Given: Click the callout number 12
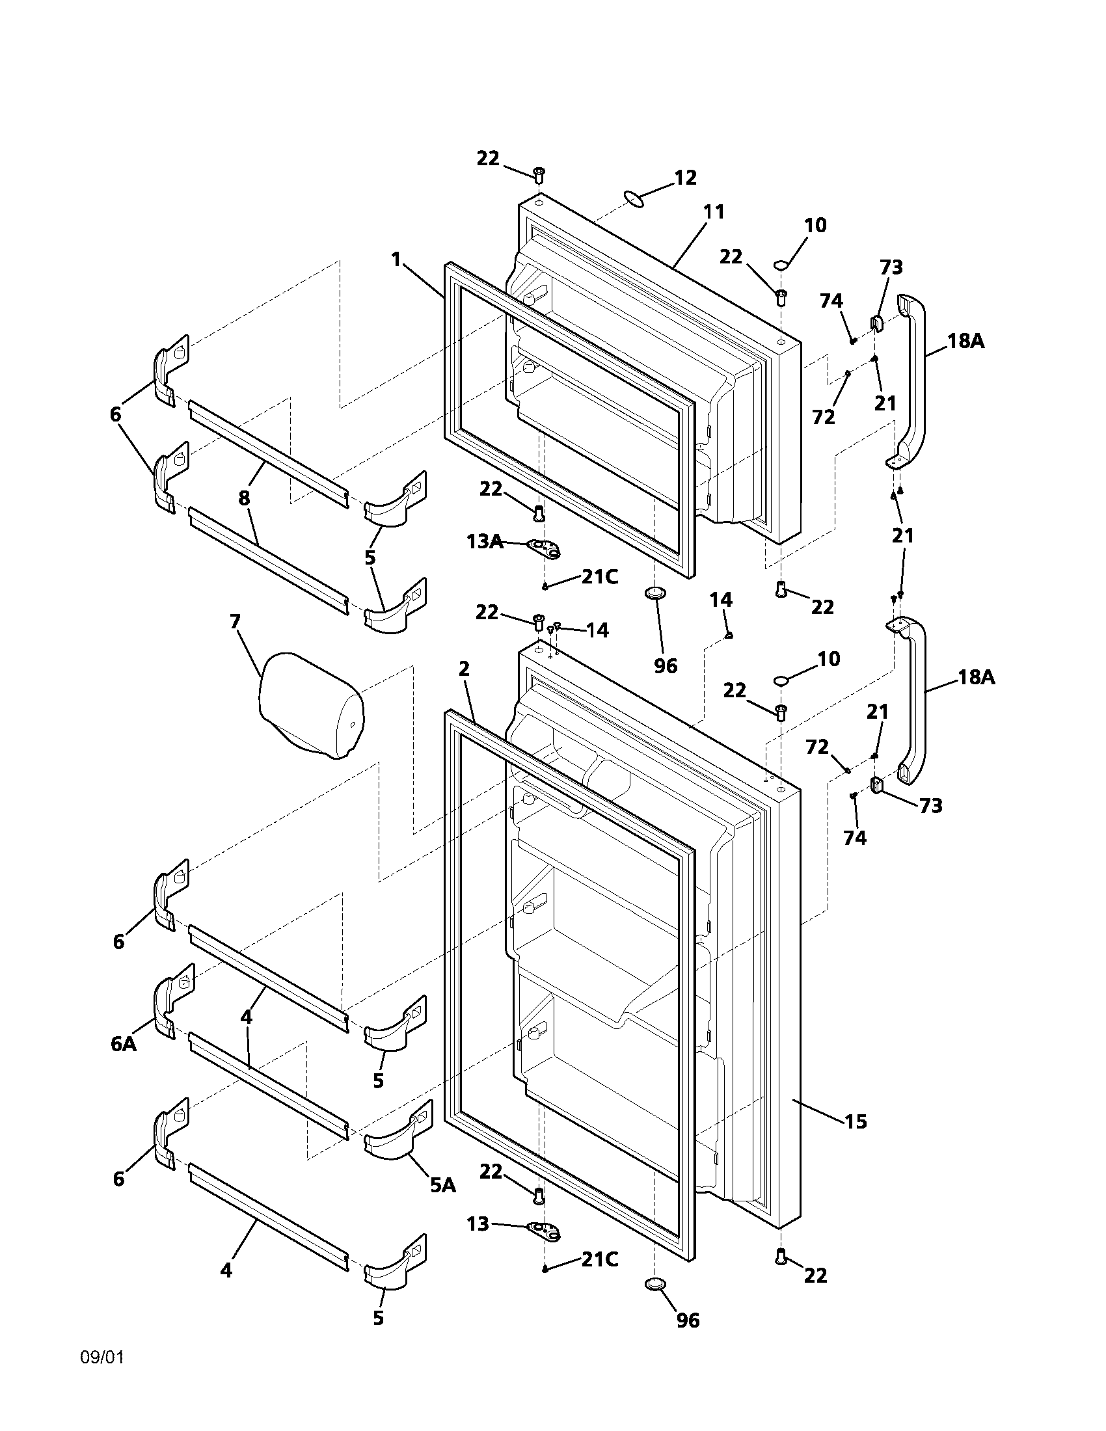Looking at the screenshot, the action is (685, 178).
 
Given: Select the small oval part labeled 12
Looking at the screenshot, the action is (633, 198).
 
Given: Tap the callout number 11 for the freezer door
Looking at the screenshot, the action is (714, 211).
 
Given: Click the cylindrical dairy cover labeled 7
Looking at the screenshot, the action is (310, 705).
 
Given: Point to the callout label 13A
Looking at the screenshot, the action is (485, 542).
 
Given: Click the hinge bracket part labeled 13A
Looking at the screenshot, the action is (544, 548).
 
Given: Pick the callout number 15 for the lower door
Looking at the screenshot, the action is (855, 1122).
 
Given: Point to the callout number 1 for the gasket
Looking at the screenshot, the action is (396, 260).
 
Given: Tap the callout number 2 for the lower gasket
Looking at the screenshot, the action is (464, 669).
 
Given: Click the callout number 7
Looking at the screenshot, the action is (235, 621).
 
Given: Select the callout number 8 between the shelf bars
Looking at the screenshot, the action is (244, 498).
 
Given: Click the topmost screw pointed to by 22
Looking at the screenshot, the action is (539, 174).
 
